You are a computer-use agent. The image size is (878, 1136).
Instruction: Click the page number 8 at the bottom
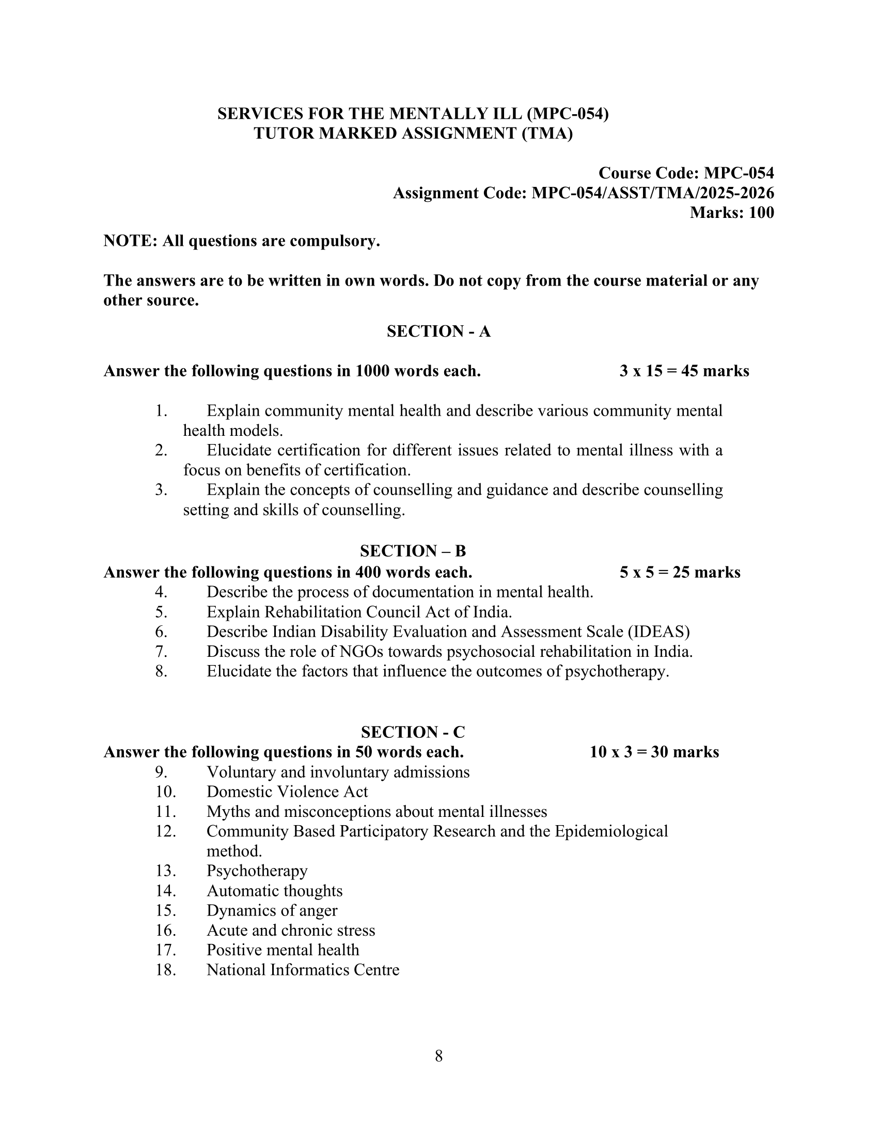coord(438,1055)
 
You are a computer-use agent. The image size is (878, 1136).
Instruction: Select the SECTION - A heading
coord(438,332)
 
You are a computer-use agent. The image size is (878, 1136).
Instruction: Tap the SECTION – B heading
coord(413,551)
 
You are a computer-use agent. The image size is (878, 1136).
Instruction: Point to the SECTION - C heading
coord(413,732)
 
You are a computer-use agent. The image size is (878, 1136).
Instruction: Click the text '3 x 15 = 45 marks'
coord(684,371)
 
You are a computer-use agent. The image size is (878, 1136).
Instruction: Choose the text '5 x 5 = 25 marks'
coord(680,572)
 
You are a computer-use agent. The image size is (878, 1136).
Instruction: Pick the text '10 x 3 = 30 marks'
coord(654,752)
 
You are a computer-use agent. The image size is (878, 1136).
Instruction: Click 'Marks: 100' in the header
coord(731,213)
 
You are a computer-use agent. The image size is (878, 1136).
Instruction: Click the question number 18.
coord(165,970)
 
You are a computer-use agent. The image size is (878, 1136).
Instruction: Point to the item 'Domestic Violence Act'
coord(287,792)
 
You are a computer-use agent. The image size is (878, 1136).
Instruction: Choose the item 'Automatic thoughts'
coord(275,891)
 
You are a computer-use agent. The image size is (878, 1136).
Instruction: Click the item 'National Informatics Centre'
coord(303,970)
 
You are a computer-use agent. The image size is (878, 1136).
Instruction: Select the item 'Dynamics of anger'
coord(272,910)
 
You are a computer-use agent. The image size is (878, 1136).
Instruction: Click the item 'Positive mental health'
coord(283,950)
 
